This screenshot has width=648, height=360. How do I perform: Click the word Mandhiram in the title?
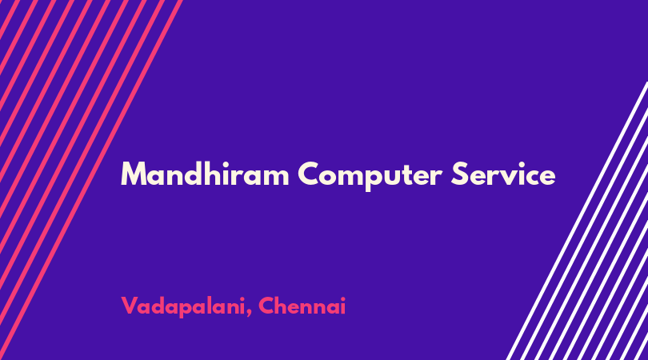click(205, 174)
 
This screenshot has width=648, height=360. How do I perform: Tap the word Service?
click(503, 174)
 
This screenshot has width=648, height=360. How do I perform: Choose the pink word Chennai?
click(302, 306)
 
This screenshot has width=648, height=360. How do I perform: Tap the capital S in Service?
click(460, 174)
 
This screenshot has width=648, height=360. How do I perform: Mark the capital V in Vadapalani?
click(130, 306)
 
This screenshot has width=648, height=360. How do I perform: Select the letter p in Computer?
click(374, 178)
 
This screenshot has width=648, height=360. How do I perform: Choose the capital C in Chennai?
click(267, 306)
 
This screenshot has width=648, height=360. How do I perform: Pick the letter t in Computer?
click(409, 175)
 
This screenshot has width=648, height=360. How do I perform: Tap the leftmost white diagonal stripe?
click(577, 221)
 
